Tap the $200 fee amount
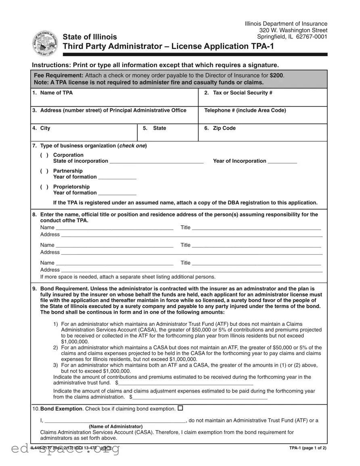[x=276, y=76]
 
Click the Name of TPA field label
[x=56, y=93]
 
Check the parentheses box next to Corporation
[x=44, y=155]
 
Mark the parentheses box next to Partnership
[x=44, y=171]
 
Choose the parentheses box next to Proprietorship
[x=44, y=187]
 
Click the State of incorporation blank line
[x=157, y=162]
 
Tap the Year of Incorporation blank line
[x=282, y=162]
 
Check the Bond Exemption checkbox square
[x=180, y=408]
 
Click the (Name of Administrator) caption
[x=115, y=426]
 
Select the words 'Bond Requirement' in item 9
[x=65, y=289]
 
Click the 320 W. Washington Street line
[x=293, y=30]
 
